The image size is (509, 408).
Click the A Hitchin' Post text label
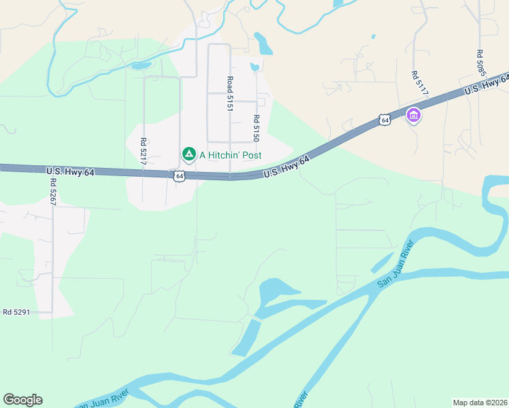tap(230, 155)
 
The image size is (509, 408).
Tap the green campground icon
tap(189, 155)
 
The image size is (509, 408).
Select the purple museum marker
tap(413, 116)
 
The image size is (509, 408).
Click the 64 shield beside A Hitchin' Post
tap(179, 175)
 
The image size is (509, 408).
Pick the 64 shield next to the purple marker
tap(385, 120)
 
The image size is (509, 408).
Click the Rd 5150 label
tap(257, 128)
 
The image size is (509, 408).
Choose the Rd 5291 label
tap(17, 312)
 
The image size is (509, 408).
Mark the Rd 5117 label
tap(414, 83)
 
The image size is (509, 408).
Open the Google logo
tap(22, 400)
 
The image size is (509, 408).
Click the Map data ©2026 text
tap(480, 403)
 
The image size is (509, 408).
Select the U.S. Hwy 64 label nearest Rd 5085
tap(486, 84)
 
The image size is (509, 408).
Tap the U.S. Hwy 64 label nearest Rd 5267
tap(70, 172)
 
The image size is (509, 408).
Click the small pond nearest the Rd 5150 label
tap(254, 67)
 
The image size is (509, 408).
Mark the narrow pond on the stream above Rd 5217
tap(142, 66)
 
